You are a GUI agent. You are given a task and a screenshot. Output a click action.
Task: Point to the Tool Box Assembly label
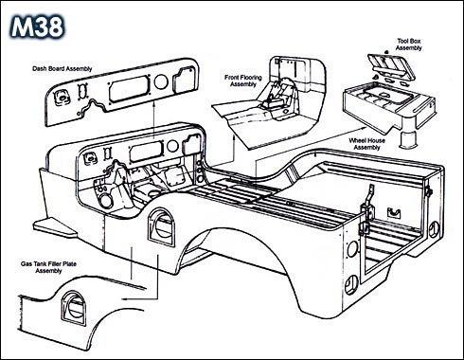coord(409,45)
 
